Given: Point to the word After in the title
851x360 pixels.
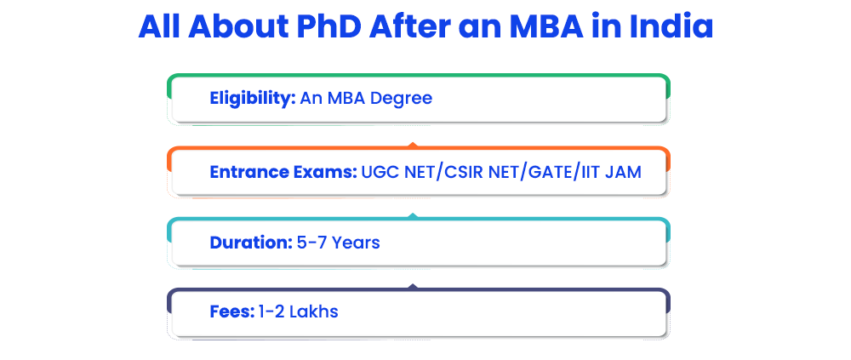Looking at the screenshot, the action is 409,26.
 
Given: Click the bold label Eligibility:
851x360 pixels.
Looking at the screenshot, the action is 253,99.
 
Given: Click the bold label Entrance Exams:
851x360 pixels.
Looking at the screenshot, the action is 283,172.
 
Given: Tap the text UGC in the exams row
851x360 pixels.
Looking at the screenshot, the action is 378,172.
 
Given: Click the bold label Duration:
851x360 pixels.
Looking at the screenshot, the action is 251,243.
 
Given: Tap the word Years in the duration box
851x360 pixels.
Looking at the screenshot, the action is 356,243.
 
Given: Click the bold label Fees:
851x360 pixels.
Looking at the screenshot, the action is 231,312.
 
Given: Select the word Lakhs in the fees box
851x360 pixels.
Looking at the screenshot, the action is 314,312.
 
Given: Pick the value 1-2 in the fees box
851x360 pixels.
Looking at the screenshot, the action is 271,312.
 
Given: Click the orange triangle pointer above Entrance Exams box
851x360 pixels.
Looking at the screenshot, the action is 413,145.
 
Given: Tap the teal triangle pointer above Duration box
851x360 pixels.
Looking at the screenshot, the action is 413,216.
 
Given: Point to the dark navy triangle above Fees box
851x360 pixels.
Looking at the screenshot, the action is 413,286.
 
